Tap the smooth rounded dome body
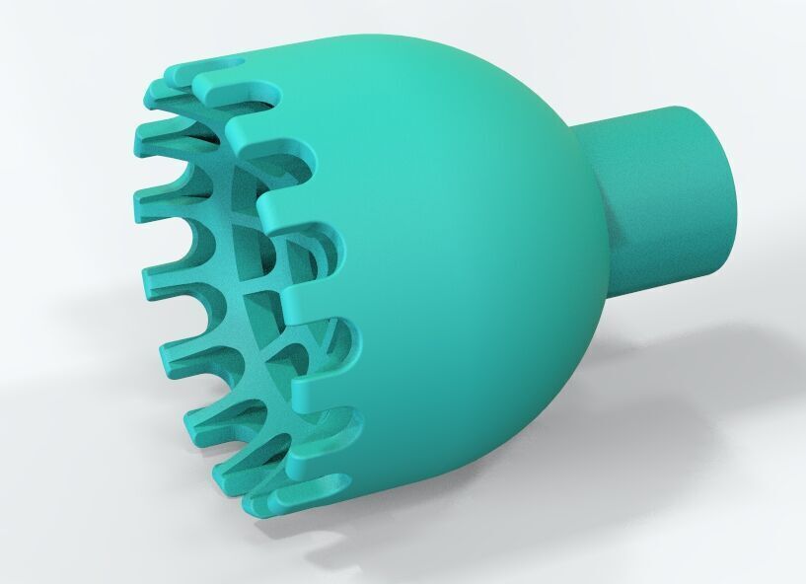(454, 247)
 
